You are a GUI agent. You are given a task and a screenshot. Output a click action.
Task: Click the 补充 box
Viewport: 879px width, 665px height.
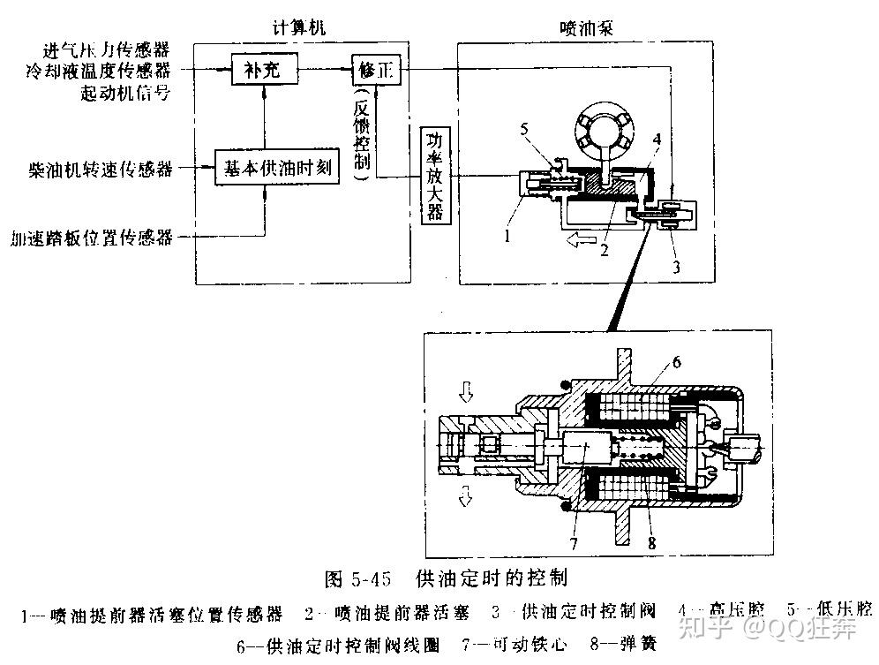point(261,70)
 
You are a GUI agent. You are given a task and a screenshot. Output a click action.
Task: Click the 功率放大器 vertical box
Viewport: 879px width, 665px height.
point(434,176)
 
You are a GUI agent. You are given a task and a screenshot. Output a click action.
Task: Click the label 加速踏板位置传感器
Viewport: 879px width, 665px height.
point(92,238)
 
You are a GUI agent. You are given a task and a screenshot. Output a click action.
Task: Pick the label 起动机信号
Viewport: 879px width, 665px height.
point(124,93)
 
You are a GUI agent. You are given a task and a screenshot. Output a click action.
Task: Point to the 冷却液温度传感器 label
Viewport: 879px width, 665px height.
point(104,70)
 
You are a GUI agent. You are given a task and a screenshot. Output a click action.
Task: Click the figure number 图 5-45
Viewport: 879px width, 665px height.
point(357,579)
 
